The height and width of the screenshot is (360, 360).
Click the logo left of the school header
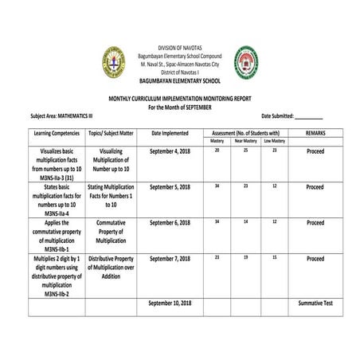[x=113, y=61]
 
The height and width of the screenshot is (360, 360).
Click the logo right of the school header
[x=245, y=61]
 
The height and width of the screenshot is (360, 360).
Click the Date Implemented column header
[x=170, y=133]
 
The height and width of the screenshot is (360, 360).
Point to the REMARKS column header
[x=315, y=133]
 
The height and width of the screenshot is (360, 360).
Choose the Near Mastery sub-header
[x=245, y=141]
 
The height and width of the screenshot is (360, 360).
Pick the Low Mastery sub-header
[x=274, y=141]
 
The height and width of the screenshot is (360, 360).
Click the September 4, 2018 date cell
[x=170, y=151]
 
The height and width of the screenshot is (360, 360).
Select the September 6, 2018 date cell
[x=170, y=222]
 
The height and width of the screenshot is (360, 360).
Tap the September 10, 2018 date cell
[x=170, y=303]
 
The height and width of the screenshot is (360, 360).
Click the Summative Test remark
[x=315, y=303]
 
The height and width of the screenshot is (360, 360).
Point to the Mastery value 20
[x=217, y=150]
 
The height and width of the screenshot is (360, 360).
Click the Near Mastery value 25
[x=245, y=150]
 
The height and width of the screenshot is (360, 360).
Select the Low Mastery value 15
[x=274, y=257]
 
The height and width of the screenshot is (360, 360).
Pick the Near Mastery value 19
[x=245, y=257]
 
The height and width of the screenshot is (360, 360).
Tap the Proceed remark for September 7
[x=315, y=259]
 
